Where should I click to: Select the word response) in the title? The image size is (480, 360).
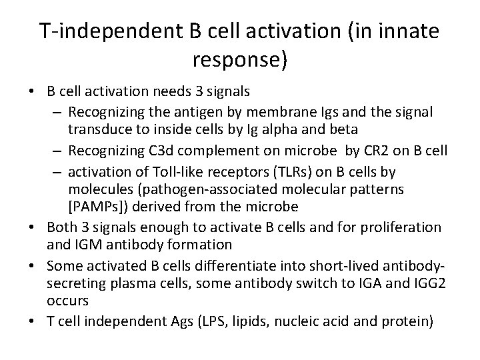tap(240, 61)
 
